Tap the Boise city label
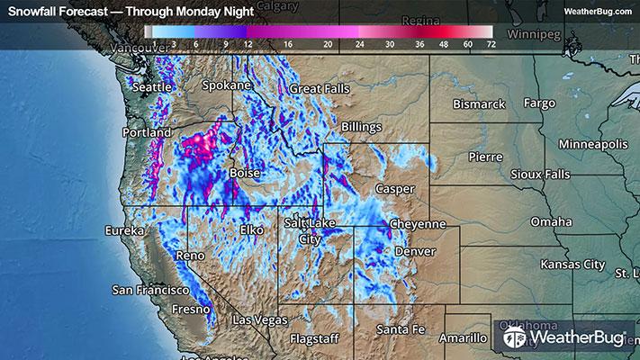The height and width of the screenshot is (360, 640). click(245, 172)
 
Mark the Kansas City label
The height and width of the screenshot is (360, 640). click(571, 265)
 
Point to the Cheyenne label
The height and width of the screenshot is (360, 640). click(418, 223)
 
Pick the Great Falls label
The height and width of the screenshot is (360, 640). click(318, 89)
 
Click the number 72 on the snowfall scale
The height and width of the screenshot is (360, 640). click(489, 42)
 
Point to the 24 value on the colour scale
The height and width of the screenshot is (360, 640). click(360, 42)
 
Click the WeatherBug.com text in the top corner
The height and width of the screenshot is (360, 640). click(598, 10)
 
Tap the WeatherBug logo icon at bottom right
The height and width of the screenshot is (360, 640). click(514, 338)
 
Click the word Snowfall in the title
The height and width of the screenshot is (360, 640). click(32, 10)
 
